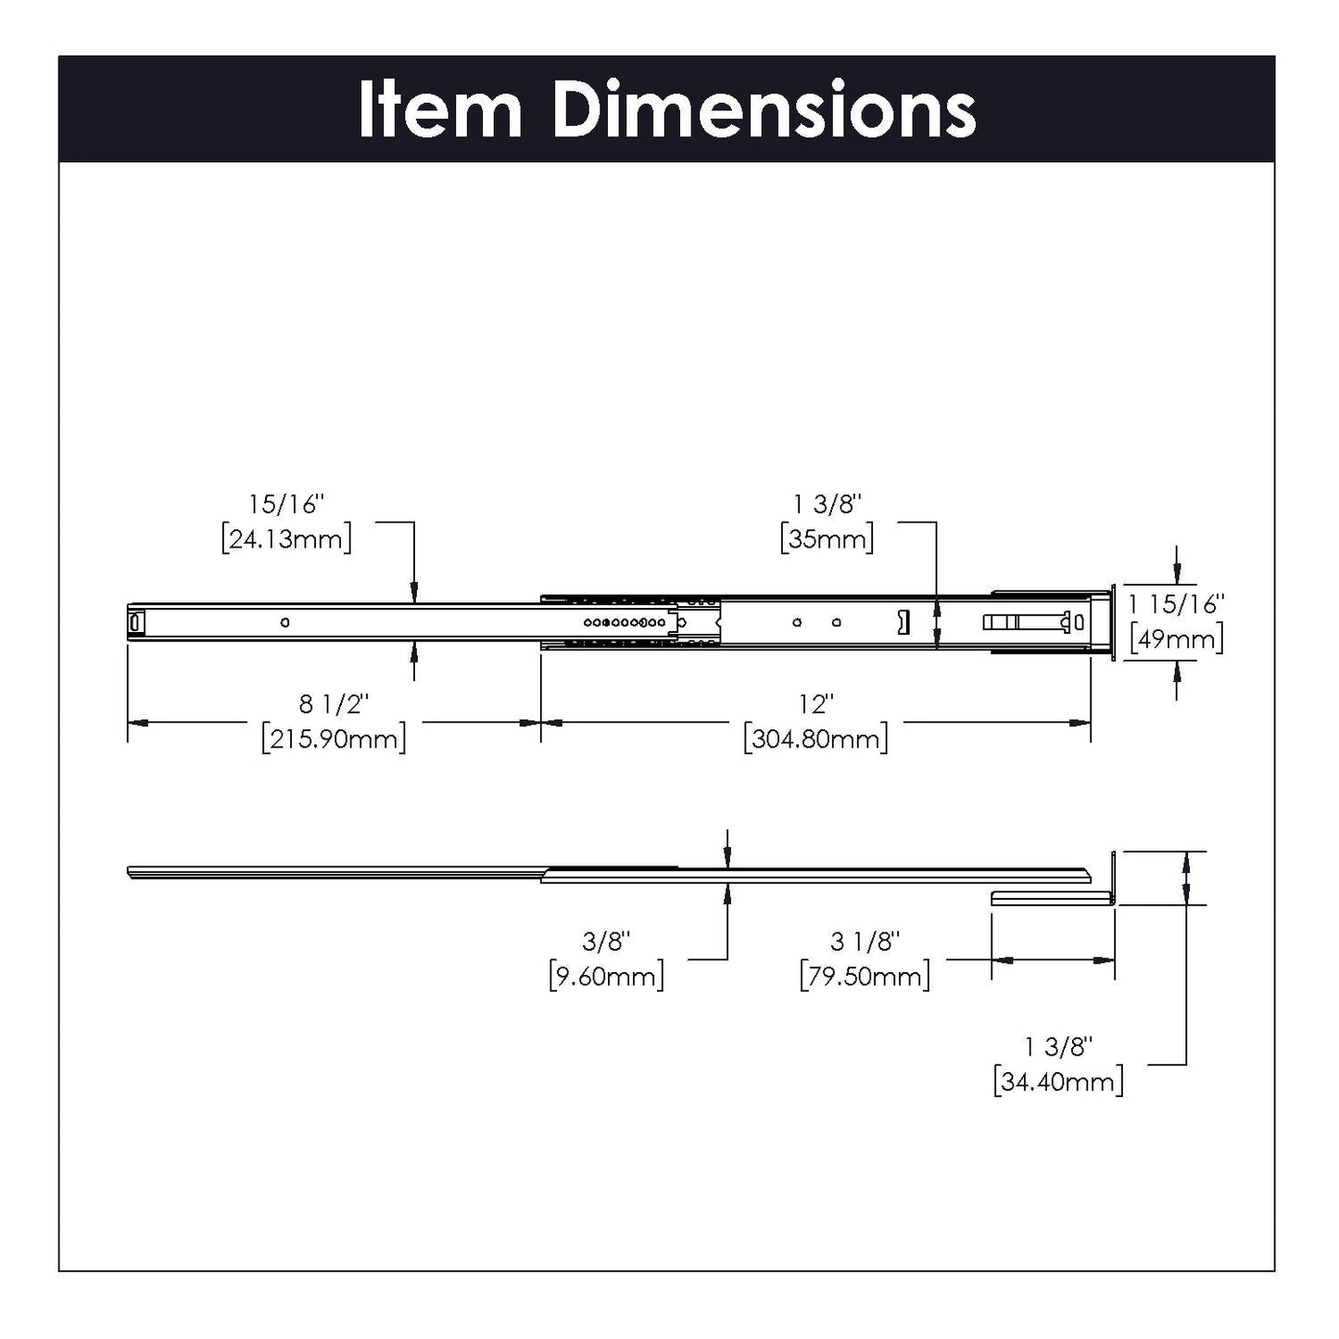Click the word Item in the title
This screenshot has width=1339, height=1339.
pyautogui.click(x=440, y=110)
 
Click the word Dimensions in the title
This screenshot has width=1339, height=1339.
pyautogui.click(x=764, y=110)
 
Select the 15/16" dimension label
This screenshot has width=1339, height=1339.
pyautogui.click(x=286, y=504)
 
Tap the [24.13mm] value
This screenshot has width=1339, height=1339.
pyautogui.click(x=286, y=538)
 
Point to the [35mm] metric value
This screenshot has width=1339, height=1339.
pyautogui.click(x=827, y=538)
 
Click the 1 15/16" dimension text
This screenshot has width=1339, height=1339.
pyautogui.click(x=1176, y=604)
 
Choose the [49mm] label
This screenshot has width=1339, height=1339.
pyautogui.click(x=1176, y=638)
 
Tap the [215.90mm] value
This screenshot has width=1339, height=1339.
pyautogui.click(x=334, y=739)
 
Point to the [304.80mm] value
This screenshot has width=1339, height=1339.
pyautogui.click(x=815, y=739)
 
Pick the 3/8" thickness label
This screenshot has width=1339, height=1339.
pyautogui.click(x=606, y=941)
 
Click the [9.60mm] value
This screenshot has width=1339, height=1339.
pyautogui.click(x=606, y=976)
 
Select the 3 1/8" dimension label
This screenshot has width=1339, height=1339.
pyautogui.click(x=865, y=941)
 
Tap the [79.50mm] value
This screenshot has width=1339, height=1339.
pyautogui.click(x=865, y=976)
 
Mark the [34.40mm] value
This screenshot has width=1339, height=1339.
pyautogui.click(x=1057, y=1081)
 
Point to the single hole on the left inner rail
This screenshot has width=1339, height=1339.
pyautogui.click(x=284, y=622)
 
